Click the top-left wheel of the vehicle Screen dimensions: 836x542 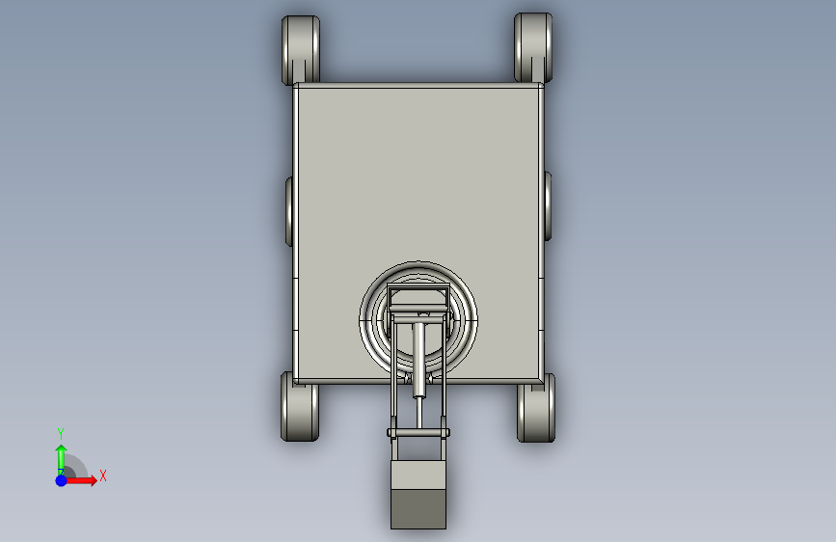coord(301,49)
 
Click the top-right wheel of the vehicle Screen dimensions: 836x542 coord(533,47)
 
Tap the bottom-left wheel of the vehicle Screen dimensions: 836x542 coord(300,408)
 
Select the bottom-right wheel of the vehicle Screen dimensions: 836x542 coord(536,409)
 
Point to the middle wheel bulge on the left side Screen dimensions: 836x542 coord(289,211)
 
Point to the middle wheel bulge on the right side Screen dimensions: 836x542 coord(548,206)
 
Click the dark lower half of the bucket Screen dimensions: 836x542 coord(418,509)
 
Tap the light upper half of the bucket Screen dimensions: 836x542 coord(418,474)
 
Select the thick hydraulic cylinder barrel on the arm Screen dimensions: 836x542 coord(419,360)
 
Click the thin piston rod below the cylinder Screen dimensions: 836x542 coord(419,414)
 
